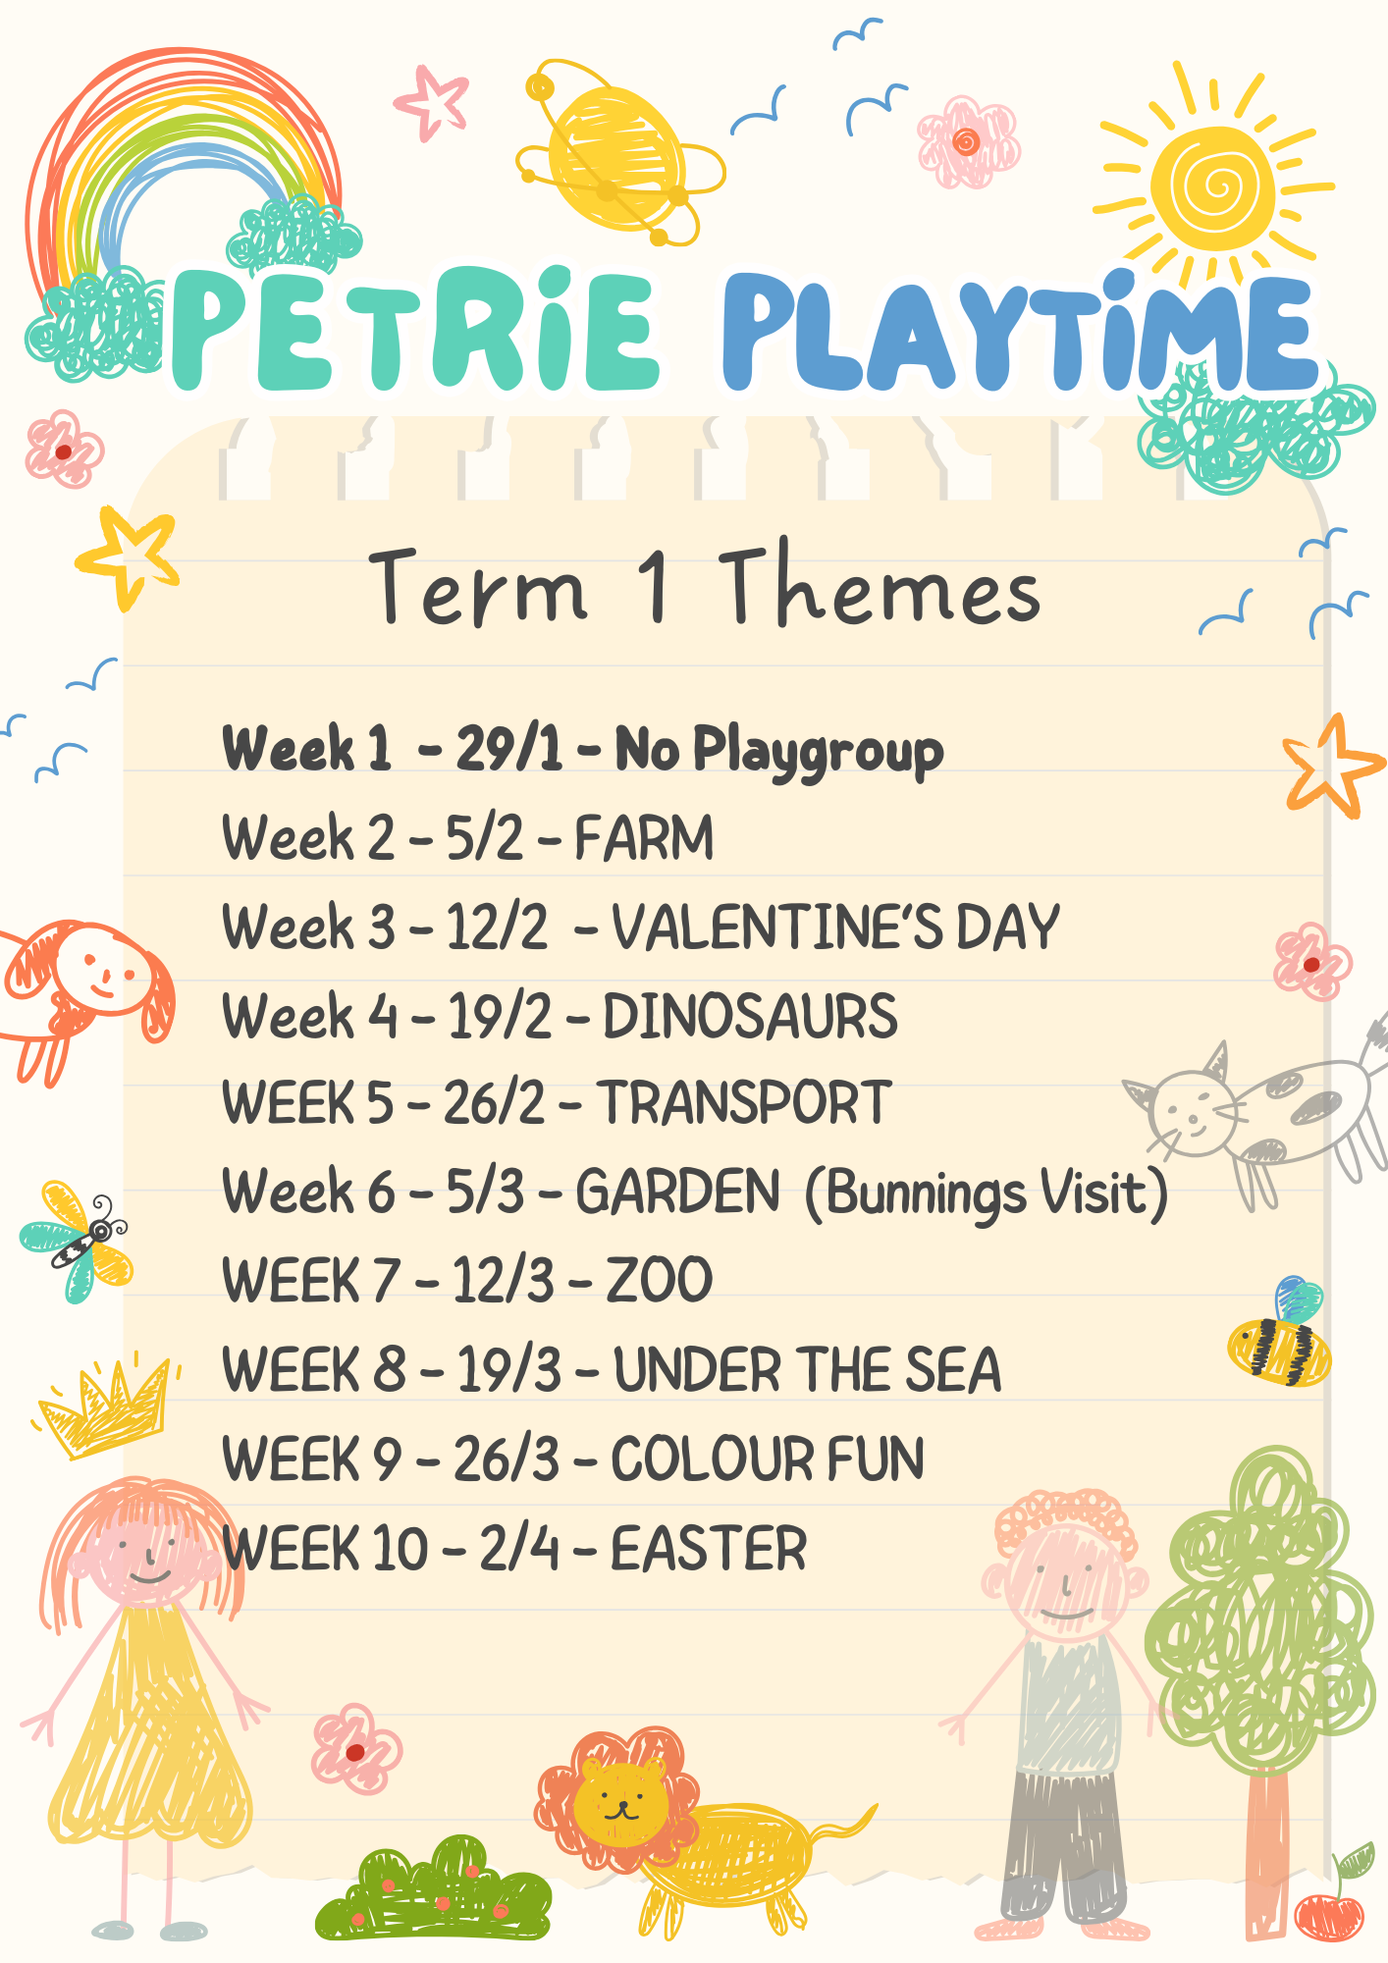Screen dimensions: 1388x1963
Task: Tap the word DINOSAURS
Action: tap(750, 1016)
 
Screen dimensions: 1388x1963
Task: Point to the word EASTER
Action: tap(709, 1550)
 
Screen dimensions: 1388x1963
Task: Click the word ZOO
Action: tap(660, 1281)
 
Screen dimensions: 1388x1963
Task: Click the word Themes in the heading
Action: tap(880, 585)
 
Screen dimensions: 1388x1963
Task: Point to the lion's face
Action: tap(620, 1801)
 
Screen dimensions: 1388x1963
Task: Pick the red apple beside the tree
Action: tap(1329, 1915)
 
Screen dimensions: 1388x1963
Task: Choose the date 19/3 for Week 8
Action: tap(509, 1370)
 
